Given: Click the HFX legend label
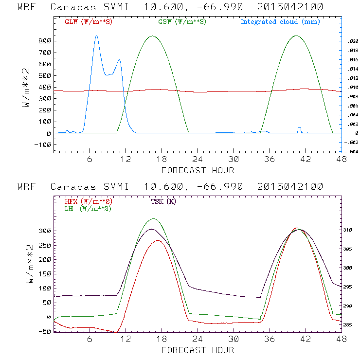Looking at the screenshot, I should pyautogui.click(x=88, y=201).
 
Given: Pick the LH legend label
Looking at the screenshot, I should pyautogui.click(x=88, y=208).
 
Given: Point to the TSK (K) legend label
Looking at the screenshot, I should pyautogui.click(x=163, y=201).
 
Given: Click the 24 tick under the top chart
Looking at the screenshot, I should pyautogui.click(x=198, y=160).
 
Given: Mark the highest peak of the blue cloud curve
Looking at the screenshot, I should pyautogui.click(x=96, y=36).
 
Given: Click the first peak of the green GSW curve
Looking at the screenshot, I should pyautogui.click(x=153, y=36).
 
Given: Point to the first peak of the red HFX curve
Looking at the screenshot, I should pyautogui.click(x=158, y=240).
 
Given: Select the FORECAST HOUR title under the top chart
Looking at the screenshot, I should pyautogui.click(x=198, y=170).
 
